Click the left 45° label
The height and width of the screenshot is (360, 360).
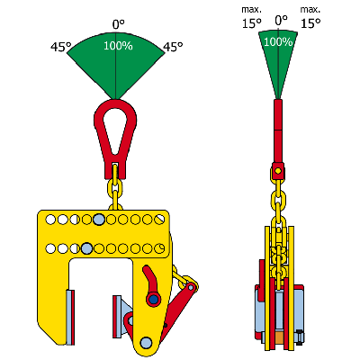pos(61,47)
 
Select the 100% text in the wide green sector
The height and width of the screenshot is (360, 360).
pos(116,46)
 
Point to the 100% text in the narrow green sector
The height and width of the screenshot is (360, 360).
pos(279,41)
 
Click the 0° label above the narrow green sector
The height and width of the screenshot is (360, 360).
pos(280,18)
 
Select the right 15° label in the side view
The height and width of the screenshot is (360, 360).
pos(310,23)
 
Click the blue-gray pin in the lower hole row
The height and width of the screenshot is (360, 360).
pos(86,247)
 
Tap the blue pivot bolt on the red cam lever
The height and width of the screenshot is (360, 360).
pos(154,299)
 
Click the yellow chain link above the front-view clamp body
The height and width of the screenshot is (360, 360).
pos(113,190)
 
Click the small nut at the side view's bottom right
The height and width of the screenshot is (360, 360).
pos(300,338)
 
